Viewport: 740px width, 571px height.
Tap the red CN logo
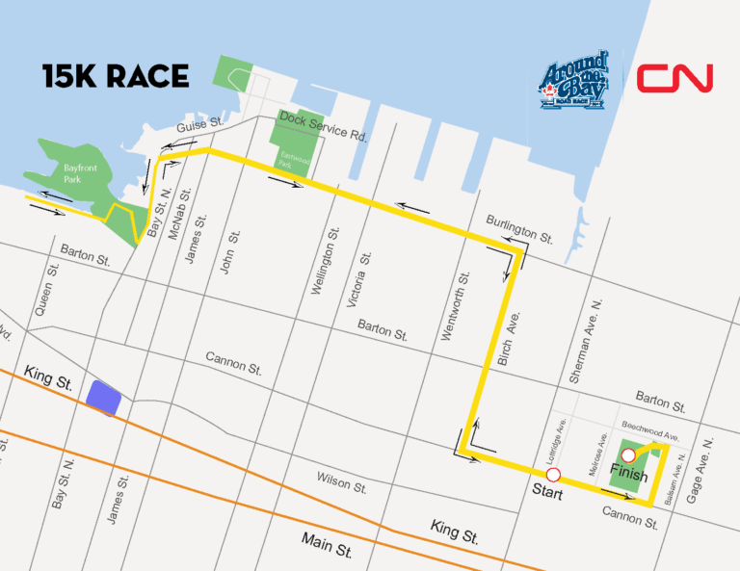coord(674,78)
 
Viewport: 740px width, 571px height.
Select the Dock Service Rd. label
coord(323,126)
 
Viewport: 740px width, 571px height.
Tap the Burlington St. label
coord(519,227)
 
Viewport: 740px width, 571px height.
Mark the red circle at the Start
coord(553,475)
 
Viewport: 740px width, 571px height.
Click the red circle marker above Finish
coord(629,455)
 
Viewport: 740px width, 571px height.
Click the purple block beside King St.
coord(103,397)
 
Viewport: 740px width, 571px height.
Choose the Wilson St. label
coord(341,481)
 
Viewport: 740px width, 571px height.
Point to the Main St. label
coord(327,544)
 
